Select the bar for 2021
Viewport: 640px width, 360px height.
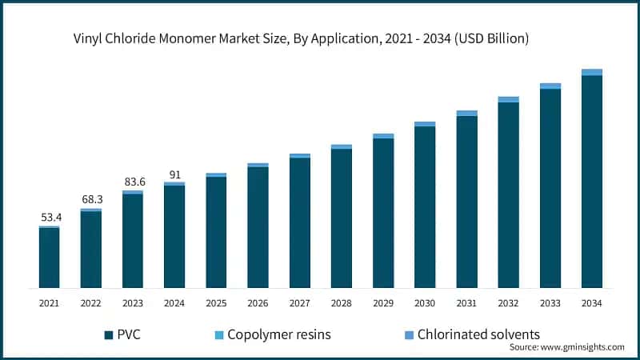(x=50, y=258)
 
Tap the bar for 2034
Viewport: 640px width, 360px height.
(x=591, y=180)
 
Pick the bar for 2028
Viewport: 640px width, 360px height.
(x=342, y=218)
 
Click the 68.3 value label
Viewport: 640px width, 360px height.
(x=91, y=198)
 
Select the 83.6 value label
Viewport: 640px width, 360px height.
(x=133, y=182)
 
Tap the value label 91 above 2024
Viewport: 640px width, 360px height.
(x=174, y=173)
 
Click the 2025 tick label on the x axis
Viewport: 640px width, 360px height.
(x=216, y=303)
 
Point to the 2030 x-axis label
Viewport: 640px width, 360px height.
(x=425, y=303)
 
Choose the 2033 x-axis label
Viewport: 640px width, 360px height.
(x=550, y=303)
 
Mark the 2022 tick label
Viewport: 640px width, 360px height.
(x=91, y=303)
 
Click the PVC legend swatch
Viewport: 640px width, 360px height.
(x=108, y=334)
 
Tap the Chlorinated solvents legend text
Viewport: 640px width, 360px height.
(x=478, y=334)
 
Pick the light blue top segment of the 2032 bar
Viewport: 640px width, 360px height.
(x=508, y=100)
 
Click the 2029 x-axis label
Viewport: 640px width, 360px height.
(x=383, y=303)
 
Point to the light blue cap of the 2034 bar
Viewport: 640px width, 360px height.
(x=591, y=72)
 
